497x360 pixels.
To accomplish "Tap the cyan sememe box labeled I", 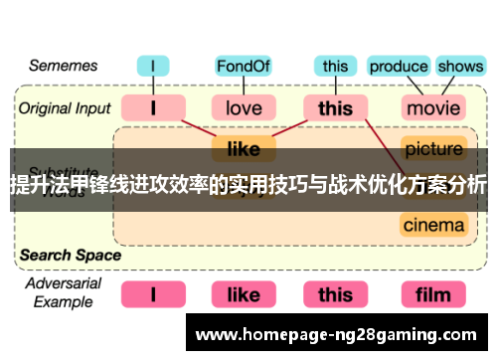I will (x=152, y=67).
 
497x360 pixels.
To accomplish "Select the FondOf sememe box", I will (x=243, y=67).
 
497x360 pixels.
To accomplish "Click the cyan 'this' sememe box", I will (x=335, y=67).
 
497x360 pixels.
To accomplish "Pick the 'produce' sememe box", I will (x=398, y=67).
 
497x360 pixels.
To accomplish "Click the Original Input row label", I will (x=65, y=106).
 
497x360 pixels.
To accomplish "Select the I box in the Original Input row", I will (x=152, y=106).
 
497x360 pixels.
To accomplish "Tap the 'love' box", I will (x=243, y=106).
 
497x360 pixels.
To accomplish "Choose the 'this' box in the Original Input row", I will (x=335, y=106).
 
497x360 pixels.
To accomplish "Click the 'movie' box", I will (x=433, y=106).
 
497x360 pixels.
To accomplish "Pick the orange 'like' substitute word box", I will (x=243, y=149).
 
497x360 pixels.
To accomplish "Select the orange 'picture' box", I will (x=433, y=149).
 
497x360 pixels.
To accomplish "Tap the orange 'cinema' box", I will (x=433, y=225).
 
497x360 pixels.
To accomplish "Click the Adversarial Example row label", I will (x=62, y=292).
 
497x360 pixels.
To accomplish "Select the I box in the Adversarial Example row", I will (x=152, y=294).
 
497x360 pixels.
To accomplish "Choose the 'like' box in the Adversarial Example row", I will (x=243, y=294).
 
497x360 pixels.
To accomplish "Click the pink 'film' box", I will (x=433, y=294).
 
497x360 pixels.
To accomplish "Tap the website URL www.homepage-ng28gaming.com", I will (x=338, y=334).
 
